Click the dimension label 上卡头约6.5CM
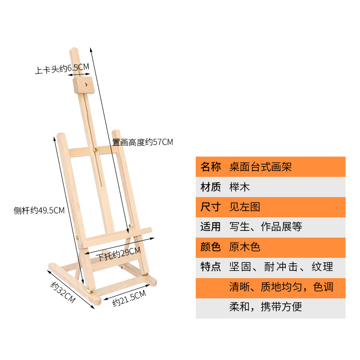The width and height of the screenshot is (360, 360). tap(63, 69)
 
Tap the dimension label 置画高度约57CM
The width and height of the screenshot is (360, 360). tap(143, 142)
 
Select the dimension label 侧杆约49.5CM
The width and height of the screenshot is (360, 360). tap(39, 210)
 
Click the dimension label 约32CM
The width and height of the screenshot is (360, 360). tap(63, 292)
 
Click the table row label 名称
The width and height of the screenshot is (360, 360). tap(210, 167)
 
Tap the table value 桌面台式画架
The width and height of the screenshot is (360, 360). tap(261, 167)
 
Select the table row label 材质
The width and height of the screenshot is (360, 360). tap(210, 187)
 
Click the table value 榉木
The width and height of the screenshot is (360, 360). tap(239, 187)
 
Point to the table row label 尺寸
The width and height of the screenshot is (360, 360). tap(210, 207)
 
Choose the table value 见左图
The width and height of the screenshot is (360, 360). tap(245, 207)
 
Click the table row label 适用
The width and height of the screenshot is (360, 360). tap(210, 227)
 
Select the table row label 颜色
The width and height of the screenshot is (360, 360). tap(210, 247)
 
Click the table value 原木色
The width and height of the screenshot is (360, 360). tap(245, 247)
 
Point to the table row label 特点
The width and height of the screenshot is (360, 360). tap(210, 267)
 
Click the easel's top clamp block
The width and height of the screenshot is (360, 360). tap(82, 85)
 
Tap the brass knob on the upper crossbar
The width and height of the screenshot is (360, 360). tap(95, 148)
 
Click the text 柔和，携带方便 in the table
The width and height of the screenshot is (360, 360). tap(265, 307)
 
